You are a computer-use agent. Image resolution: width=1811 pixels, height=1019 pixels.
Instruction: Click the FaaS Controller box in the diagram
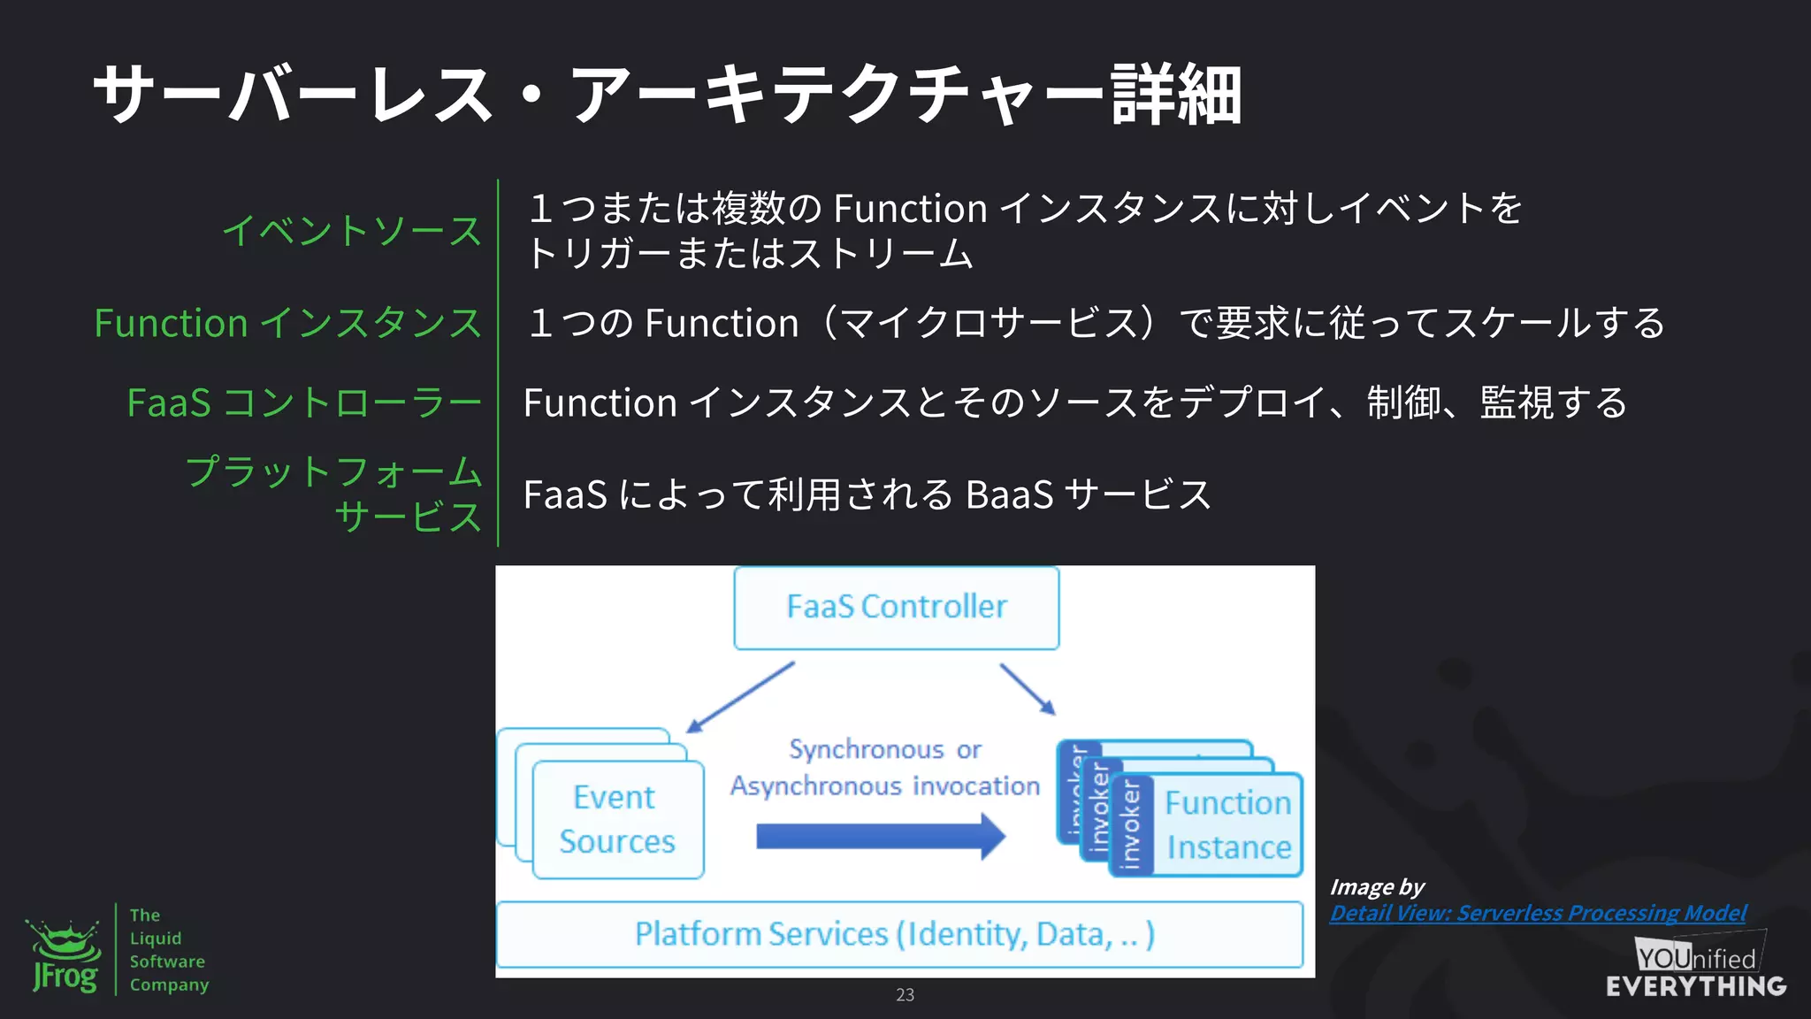(x=896, y=608)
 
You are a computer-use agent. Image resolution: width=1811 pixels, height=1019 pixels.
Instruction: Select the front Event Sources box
(x=617, y=819)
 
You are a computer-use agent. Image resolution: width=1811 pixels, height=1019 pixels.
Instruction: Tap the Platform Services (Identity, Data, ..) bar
(x=898, y=934)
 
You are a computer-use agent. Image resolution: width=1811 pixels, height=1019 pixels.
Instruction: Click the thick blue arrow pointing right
(x=881, y=836)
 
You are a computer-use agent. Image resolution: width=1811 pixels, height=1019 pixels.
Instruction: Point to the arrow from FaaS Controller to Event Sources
(x=740, y=697)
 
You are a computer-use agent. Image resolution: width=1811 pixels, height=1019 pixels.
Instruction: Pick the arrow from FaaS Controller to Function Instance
(x=1028, y=688)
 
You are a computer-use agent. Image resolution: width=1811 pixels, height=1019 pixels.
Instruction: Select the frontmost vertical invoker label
(x=1131, y=825)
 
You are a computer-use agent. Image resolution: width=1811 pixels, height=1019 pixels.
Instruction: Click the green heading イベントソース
(x=352, y=231)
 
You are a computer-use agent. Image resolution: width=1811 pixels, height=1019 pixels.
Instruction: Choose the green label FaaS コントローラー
(x=303, y=402)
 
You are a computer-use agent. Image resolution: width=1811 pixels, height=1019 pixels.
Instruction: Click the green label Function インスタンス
(x=287, y=323)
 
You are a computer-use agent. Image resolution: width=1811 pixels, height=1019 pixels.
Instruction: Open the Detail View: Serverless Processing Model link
(x=1538, y=913)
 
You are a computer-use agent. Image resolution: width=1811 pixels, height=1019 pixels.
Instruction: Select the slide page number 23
(x=905, y=995)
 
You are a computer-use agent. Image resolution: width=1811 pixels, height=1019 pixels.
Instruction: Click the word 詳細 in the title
(x=1176, y=95)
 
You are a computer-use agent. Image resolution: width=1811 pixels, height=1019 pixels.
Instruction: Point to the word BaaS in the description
(x=1009, y=494)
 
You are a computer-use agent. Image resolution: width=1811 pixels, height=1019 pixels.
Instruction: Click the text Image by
(x=1377, y=886)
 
